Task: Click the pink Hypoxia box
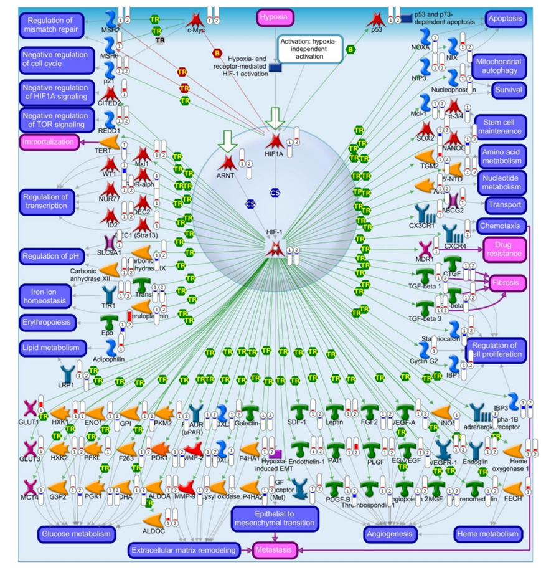[277, 17]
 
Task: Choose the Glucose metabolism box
[76, 534]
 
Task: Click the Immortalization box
[49, 142]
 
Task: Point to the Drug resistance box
[506, 250]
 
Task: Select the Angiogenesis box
[390, 534]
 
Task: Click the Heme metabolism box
[487, 534]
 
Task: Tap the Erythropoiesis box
[48, 322]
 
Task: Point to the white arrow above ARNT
[228, 143]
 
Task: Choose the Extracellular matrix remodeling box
[184, 550]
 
